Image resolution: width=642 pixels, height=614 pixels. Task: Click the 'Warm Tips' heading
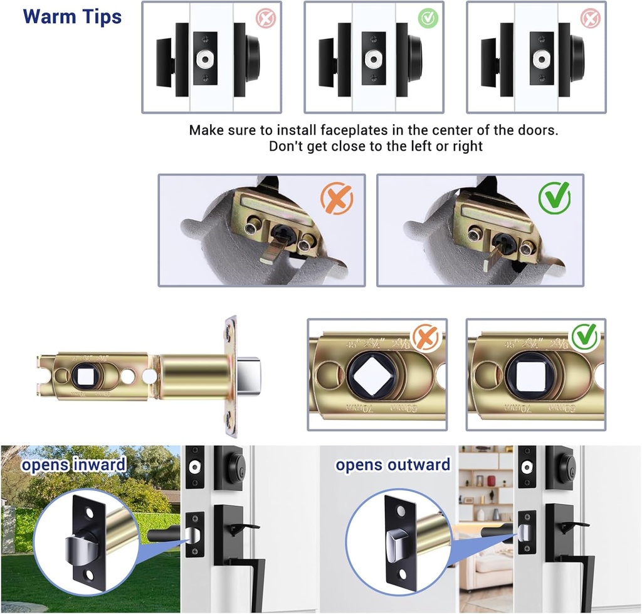point(72,17)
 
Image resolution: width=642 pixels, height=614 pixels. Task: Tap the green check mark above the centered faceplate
point(428,19)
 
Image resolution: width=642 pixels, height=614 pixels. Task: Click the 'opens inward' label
point(73,465)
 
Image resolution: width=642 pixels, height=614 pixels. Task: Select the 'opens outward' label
point(392,465)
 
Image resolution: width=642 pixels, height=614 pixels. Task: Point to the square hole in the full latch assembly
point(84,375)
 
